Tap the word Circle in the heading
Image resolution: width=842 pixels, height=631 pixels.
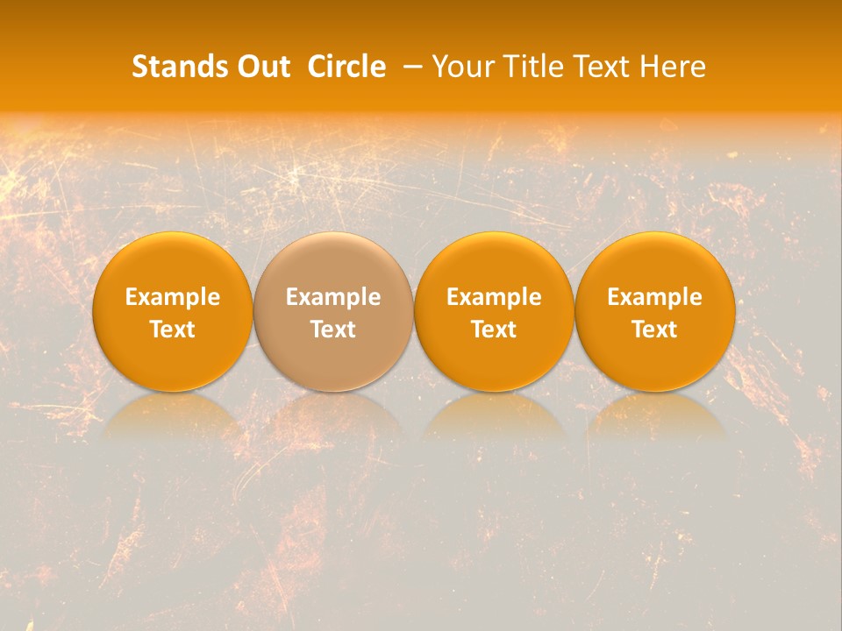click(346, 67)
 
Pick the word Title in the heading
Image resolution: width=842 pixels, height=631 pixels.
click(534, 67)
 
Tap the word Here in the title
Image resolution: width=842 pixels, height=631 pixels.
click(674, 67)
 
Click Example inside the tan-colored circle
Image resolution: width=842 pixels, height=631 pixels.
click(333, 297)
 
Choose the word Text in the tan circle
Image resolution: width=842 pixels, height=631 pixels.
click(333, 330)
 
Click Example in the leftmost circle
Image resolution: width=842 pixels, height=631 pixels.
click(173, 297)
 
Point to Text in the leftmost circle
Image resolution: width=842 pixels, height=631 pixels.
click(173, 330)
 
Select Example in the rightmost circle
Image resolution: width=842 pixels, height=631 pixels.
click(655, 297)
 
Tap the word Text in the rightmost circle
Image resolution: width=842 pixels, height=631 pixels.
click(655, 330)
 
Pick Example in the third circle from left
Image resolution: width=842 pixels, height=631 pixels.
click(494, 297)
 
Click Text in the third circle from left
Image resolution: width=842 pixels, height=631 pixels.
click(494, 330)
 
